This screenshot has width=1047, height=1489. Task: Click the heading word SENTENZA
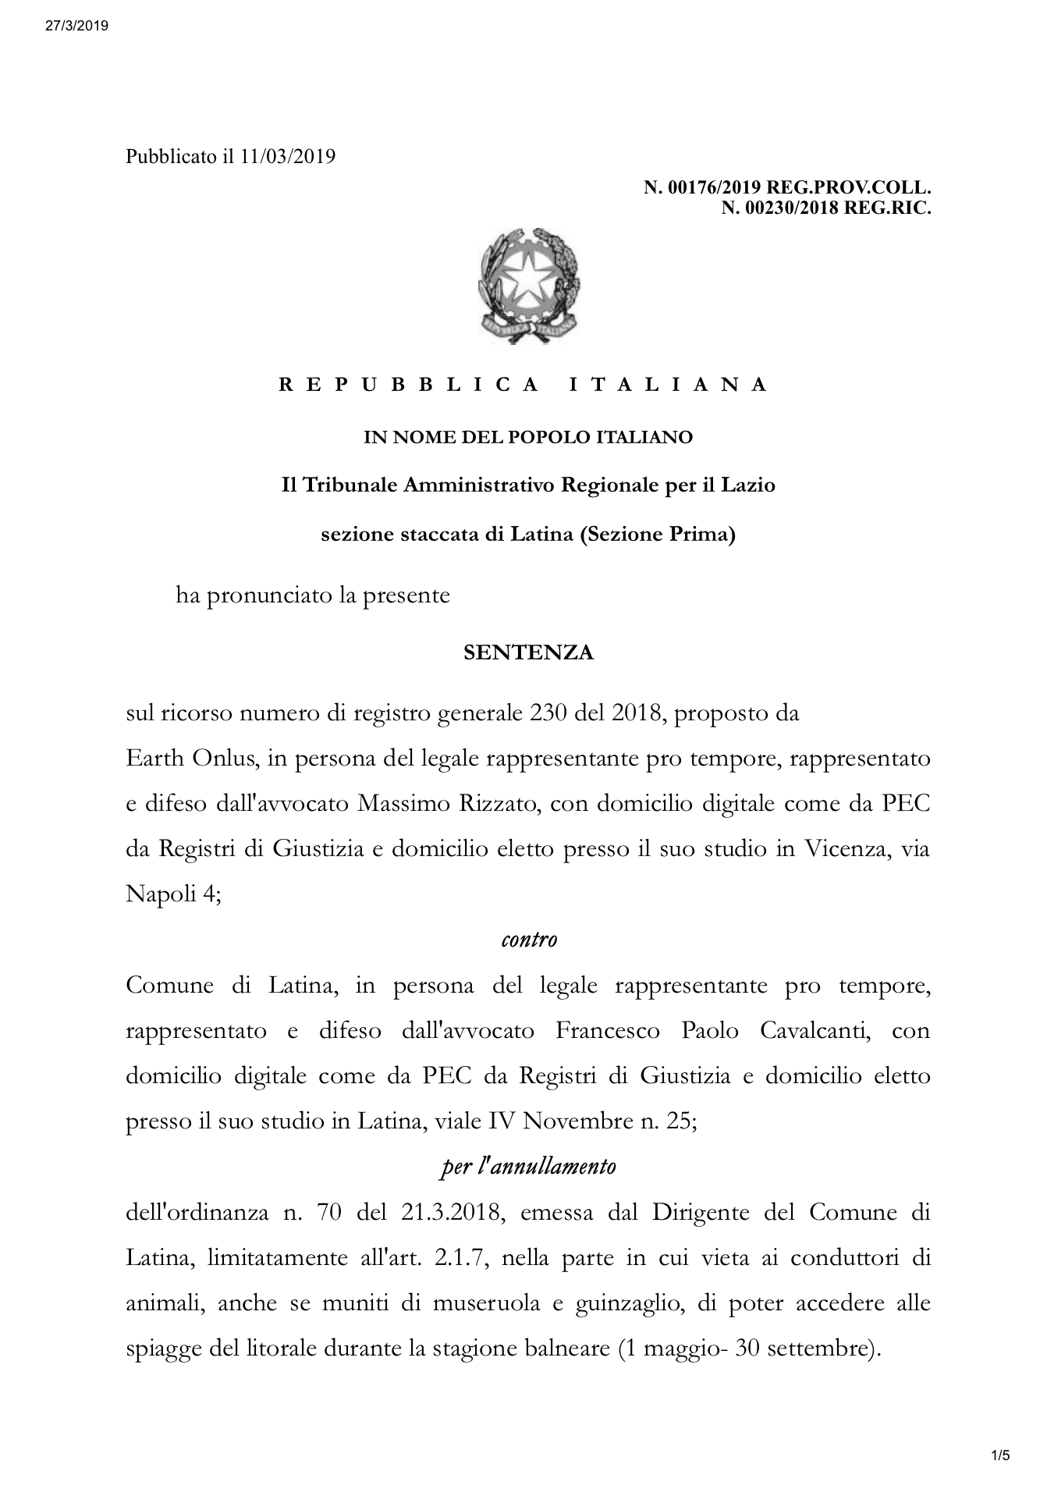(x=528, y=652)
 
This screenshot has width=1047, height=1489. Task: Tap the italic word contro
(x=528, y=939)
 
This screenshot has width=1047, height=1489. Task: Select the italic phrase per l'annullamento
(x=527, y=1167)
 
